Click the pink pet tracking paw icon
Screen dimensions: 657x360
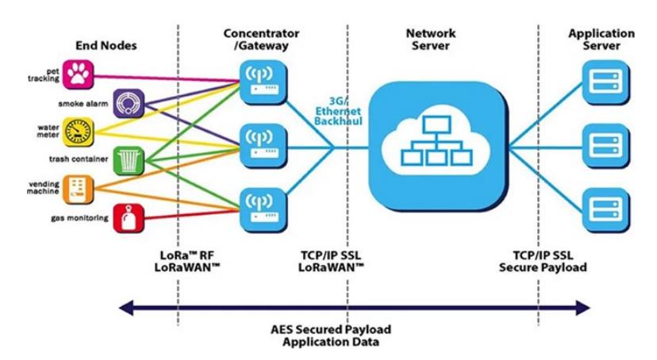79,75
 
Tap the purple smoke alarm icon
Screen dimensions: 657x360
129,103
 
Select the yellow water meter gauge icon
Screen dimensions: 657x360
79,132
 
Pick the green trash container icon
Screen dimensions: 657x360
129,161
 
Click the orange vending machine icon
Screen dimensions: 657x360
79,190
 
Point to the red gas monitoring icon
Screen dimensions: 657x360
129,218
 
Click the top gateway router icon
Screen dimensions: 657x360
263,82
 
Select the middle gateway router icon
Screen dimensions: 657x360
263,147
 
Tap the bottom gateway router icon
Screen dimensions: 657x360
263,210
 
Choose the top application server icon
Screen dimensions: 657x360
606,82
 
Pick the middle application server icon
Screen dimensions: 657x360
606,146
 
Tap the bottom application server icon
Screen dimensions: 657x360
606,210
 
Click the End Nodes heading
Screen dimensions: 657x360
106,46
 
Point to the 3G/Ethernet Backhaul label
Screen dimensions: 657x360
338,111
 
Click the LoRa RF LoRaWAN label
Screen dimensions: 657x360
187,261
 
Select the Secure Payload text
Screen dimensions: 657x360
543,267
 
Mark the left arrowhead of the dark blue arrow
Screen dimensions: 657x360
125,308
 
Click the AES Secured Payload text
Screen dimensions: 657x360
331,329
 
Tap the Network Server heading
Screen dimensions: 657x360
431,40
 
